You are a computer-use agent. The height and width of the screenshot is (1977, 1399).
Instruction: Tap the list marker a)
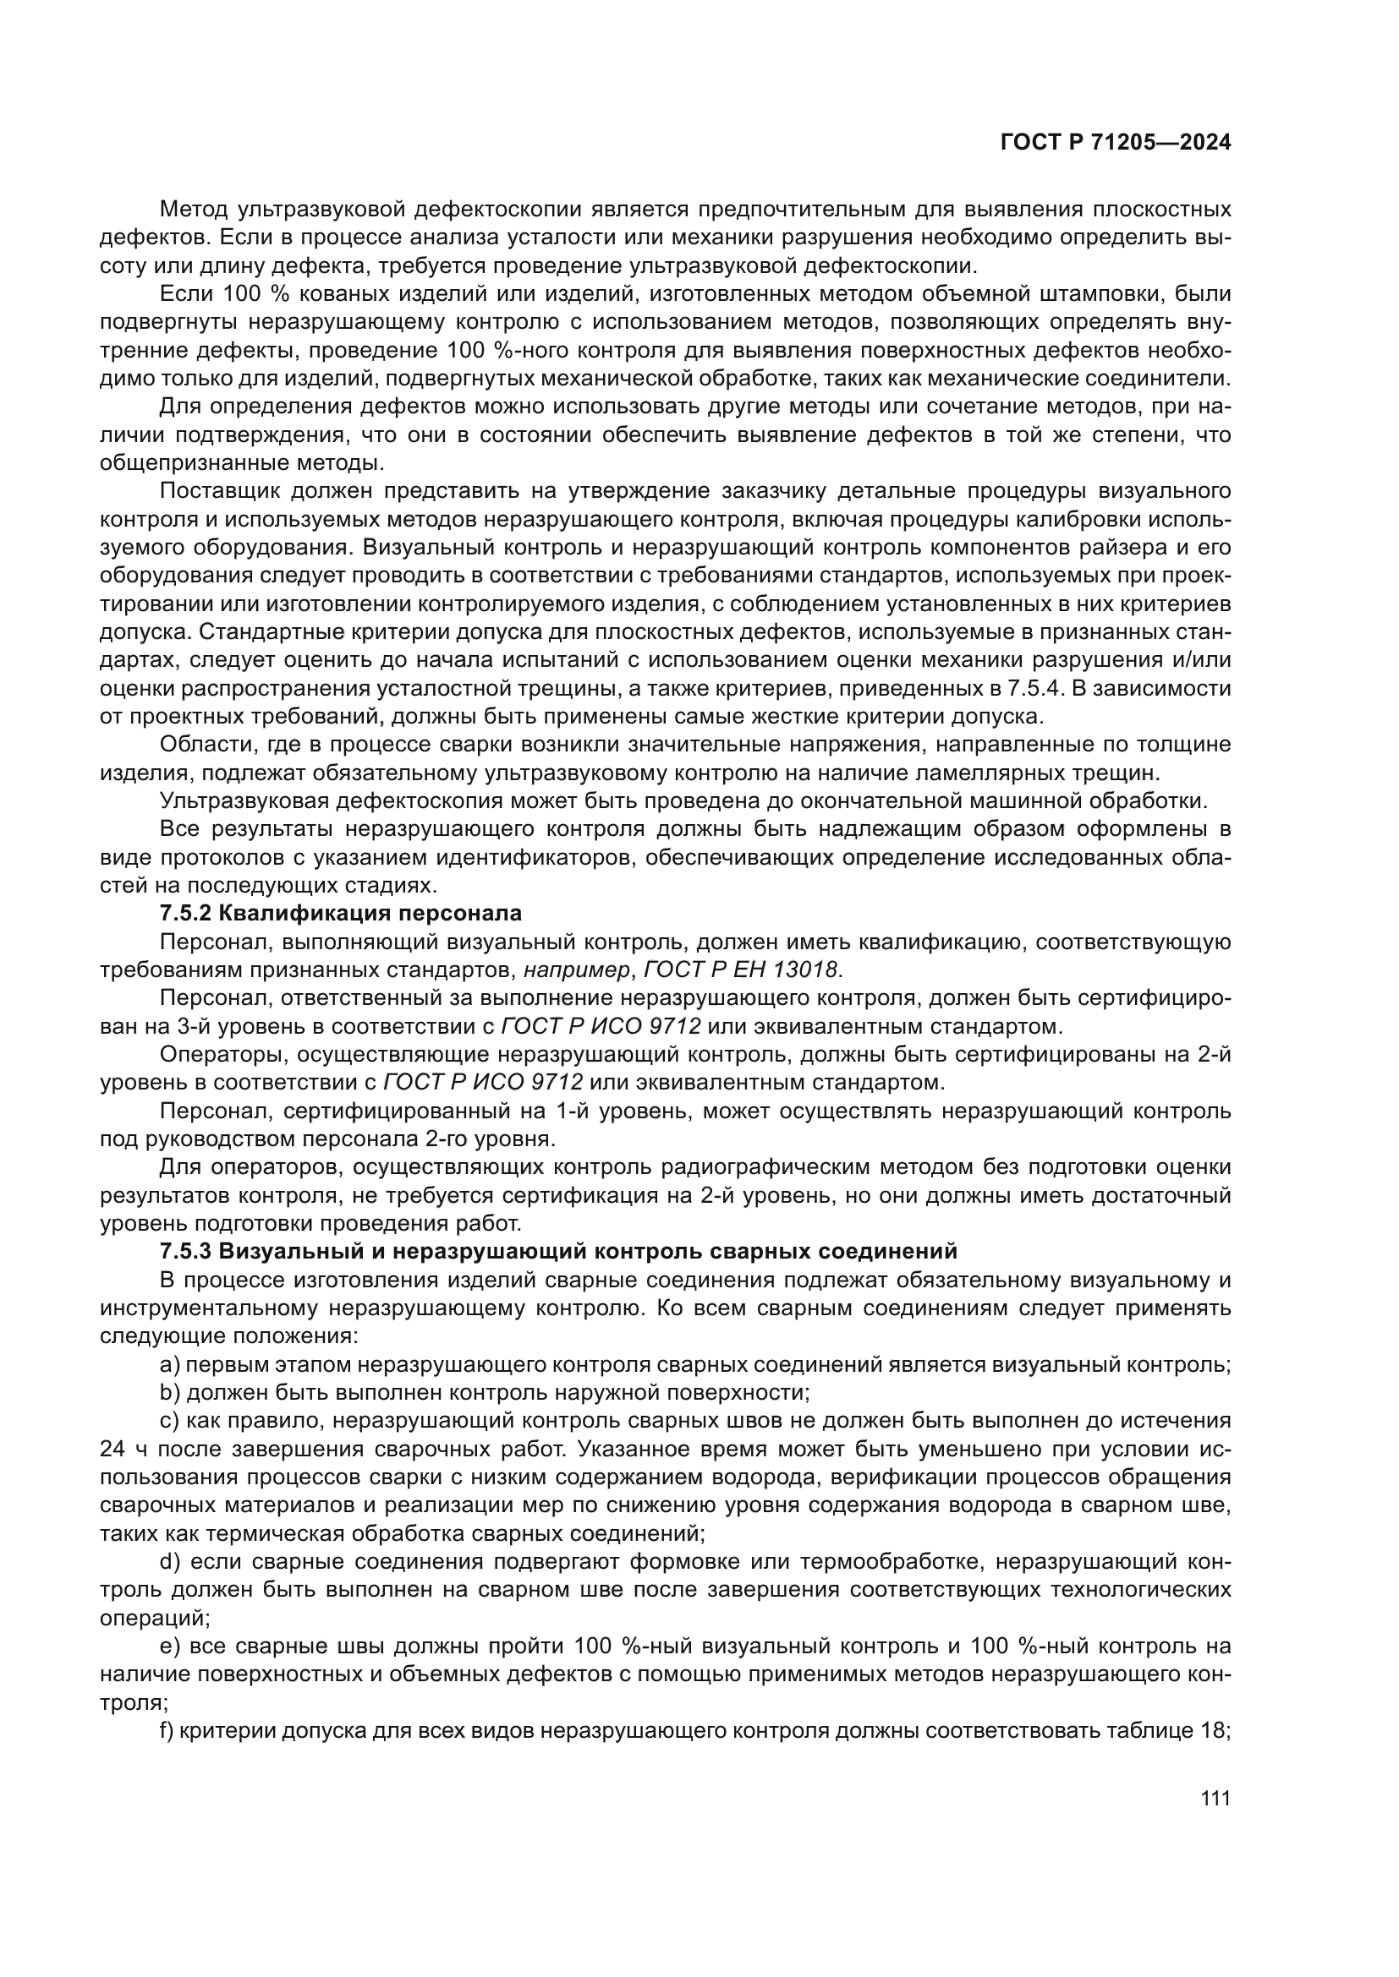(171, 1364)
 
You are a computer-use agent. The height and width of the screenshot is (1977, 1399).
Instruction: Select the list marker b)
(171, 1392)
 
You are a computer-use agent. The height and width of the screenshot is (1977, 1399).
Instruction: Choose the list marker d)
(171, 1561)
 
